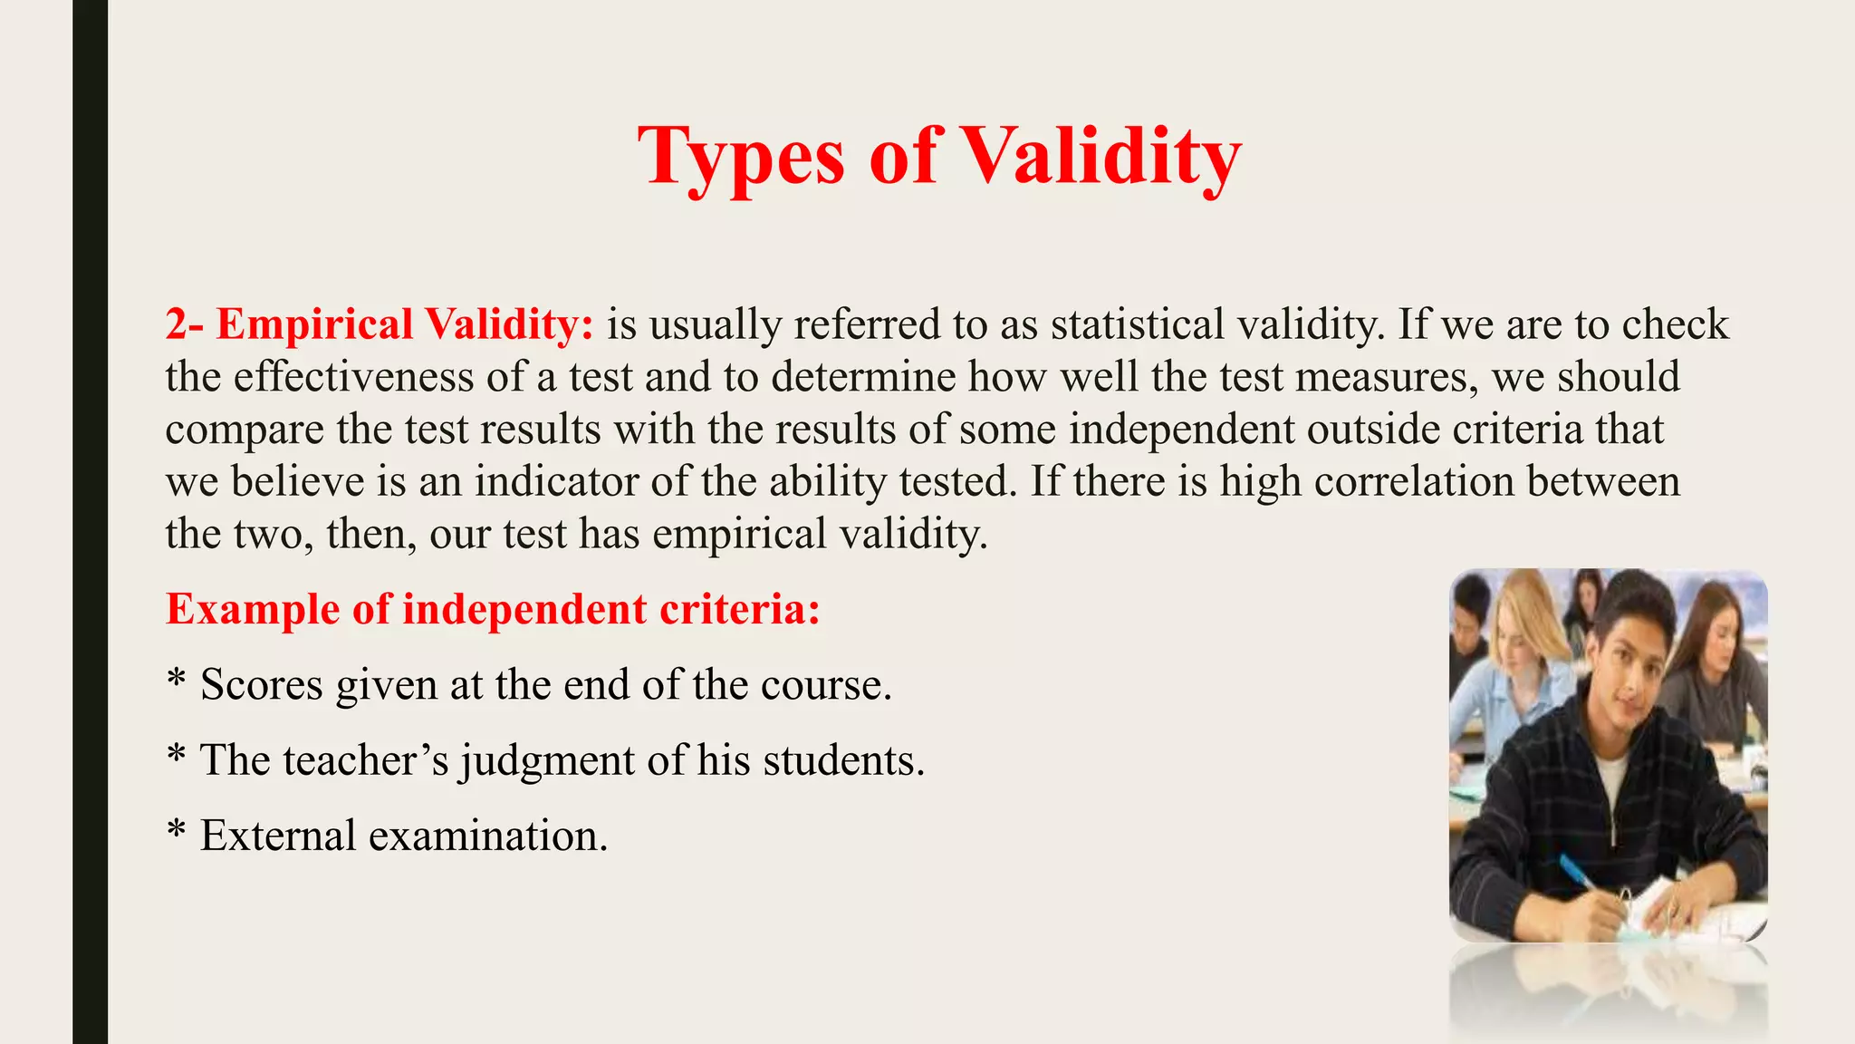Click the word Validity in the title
click(x=1100, y=156)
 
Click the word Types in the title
click(x=741, y=156)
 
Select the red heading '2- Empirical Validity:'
click(x=380, y=324)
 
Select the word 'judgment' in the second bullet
click(x=547, y=760)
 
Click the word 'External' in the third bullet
click(x=277, y=836)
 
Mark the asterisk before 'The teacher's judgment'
click(x=177, y=756)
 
